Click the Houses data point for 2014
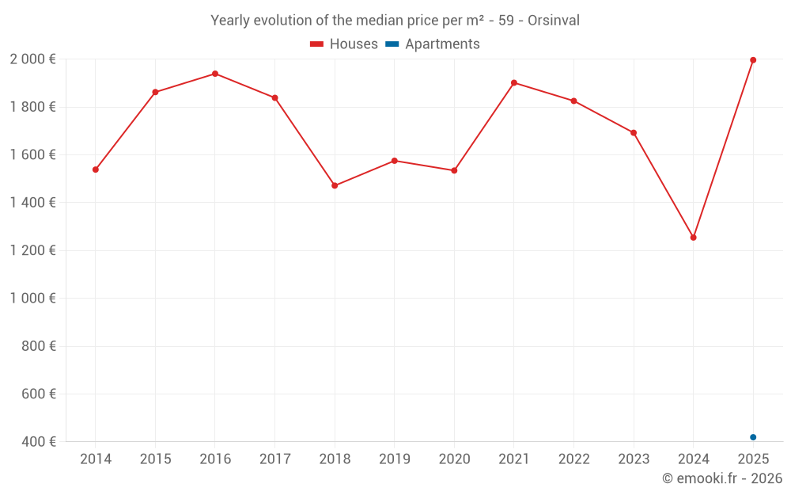pos(96,169)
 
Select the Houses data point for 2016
pos(215,74)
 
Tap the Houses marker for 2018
pos(335,185)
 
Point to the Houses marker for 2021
pos(514,82)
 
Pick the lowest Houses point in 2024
pos(694,238)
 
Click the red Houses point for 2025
pos(753,60)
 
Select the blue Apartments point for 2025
pos(753,437)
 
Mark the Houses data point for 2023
pos(634,132)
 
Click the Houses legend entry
pos(344,44)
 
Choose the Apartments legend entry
pos(433,44)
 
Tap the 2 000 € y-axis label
pos(32,59)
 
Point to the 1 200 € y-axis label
pos(32,250)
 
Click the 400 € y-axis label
pos(39,441)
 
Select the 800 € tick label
pos(39,346)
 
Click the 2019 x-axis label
pos(394,459)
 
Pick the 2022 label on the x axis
pos(573,459)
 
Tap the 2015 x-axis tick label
pos(155,459)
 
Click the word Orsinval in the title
pos(552,21)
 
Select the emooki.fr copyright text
pos(721,478)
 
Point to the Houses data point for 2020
pos(454,170)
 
